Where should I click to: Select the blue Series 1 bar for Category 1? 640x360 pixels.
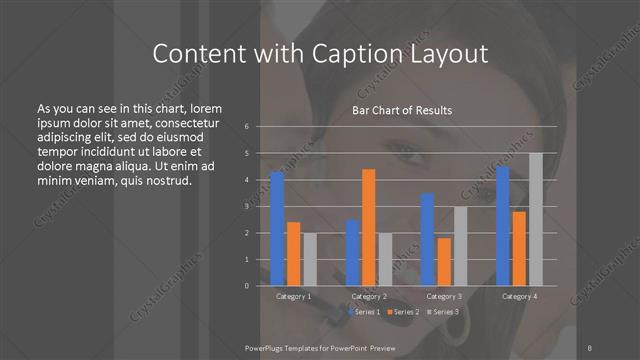click(277, 229)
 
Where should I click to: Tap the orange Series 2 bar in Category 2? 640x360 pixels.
click(369, 227)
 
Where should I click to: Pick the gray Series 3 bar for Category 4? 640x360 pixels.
click(536, 219)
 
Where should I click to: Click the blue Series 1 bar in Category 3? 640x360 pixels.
click(428, 239)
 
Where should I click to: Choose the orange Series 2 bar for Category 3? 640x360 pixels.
click(444, 262)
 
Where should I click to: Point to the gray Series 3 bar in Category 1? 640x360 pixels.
click(310, 259)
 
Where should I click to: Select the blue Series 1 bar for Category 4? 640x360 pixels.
click(503, 226)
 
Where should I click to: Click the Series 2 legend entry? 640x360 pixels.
click(402, 313)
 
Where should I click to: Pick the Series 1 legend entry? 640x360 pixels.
click(364, 313)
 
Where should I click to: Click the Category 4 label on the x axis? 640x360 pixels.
click(519, 297)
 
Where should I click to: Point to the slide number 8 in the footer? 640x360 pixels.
click(591, 347)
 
